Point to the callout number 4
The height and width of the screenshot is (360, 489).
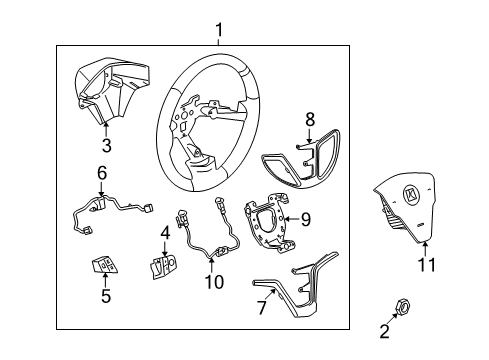click(x=164, y=234)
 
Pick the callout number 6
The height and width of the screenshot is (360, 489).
click(x=102, y=173)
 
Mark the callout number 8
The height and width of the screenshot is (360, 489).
click(x=309, y=119)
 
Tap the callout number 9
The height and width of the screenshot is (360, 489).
click(x=306, y=217)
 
